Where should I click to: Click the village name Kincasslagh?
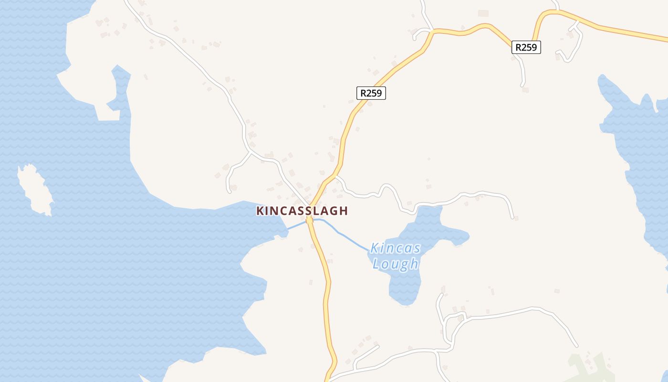click(302, 211)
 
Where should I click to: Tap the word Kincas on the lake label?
click(396, 248)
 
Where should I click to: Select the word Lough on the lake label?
click(396, 264)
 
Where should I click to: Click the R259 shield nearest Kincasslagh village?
click(371, 93)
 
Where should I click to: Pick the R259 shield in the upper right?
click(526, 47)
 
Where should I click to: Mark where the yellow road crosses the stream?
click(310, 221)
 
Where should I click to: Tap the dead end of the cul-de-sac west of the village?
click(230, 191)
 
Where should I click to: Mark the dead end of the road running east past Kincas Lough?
click(512, 217)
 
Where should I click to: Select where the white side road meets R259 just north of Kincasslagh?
click(336, 177)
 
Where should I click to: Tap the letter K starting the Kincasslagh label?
click(261, 211)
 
